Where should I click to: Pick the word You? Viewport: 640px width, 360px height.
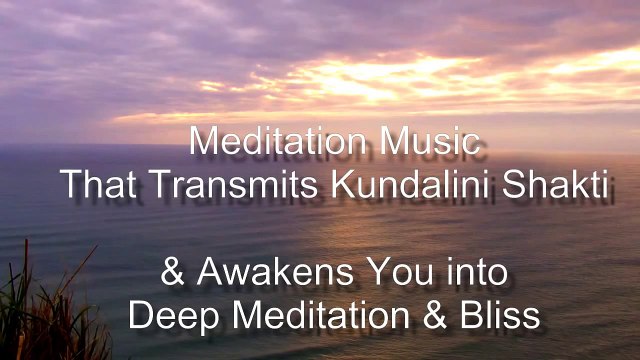click(x=375, y=272)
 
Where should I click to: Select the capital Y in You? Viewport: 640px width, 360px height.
click(x=350, y=272)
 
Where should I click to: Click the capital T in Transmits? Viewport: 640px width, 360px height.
click(x=154, y=184)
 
